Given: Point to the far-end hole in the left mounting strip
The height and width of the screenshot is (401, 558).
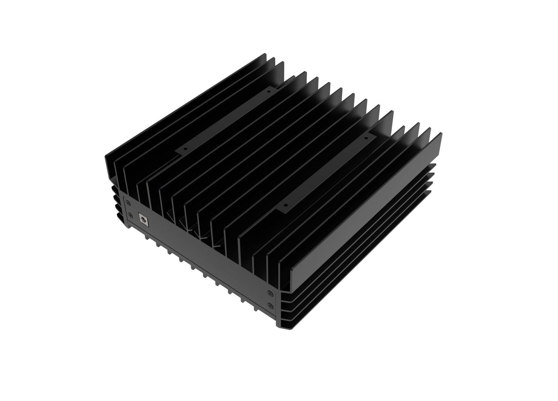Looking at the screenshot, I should pos(270,92).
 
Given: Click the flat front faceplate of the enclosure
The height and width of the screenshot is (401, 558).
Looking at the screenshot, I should pos(201,255).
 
